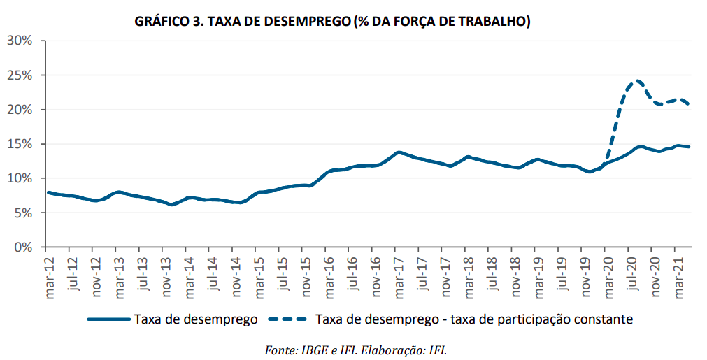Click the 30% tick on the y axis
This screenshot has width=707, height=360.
(20, 41)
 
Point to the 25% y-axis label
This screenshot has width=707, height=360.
(20, 75)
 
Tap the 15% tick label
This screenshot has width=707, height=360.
(20, 144)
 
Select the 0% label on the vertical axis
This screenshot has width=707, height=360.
(23, 247)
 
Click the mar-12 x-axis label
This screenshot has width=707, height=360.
(50, 277)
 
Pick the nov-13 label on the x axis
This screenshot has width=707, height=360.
(166, 277)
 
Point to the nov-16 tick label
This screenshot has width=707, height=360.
(376, 277)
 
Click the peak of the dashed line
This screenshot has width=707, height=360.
(636, 80)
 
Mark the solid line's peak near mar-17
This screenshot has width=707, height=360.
(399, 152)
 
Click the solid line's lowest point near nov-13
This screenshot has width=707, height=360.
(171, 204)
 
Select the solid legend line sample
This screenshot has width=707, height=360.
(109, 319)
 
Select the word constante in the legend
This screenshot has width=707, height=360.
(606, 319)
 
